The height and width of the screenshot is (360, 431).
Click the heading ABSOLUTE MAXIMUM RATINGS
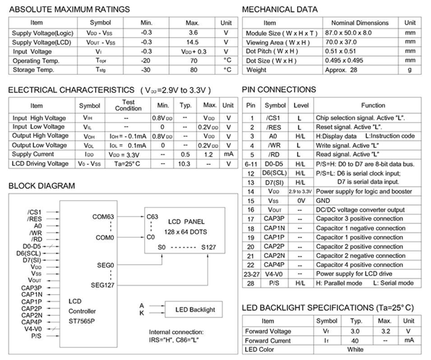pos(69,9)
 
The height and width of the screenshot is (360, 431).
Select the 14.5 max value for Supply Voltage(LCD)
pos(192,42)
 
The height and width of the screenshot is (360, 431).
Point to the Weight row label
pos(256,70)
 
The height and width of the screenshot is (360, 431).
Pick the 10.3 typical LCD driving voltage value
pos(183,163)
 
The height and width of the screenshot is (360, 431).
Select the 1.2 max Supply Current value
pos(208,154)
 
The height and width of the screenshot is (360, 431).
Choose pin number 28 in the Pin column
pos(251,283)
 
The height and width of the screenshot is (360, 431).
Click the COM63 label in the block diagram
pos(104,217)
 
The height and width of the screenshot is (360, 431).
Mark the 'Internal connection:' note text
pos(176,332)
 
